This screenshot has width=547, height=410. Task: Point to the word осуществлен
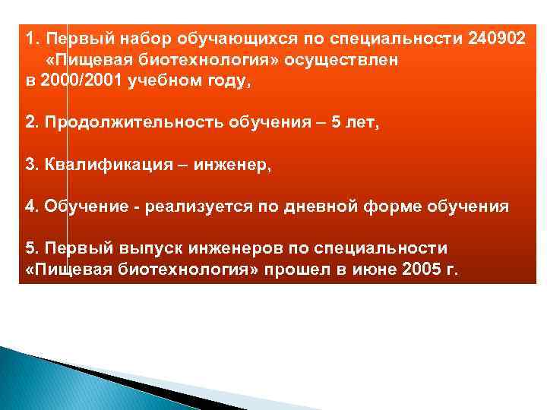350,58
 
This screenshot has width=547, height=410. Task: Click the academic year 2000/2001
75,81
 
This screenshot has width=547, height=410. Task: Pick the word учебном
161,81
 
